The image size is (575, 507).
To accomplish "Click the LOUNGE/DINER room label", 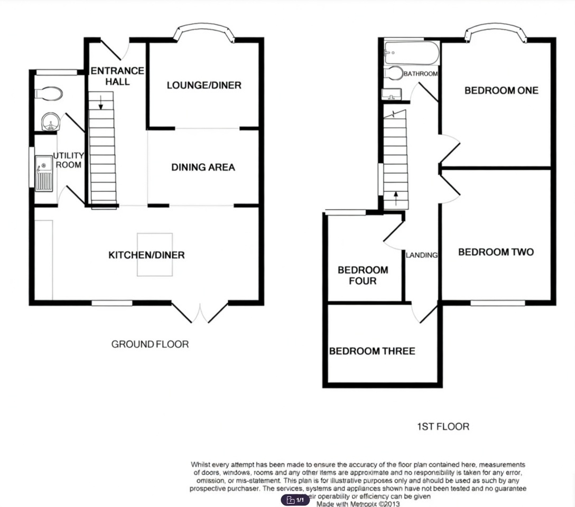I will (204, 85).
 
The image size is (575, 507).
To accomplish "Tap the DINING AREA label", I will (203, 167).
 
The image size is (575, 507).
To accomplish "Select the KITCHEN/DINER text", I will (146, 255).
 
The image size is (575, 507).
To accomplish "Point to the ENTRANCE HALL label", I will (110, 76).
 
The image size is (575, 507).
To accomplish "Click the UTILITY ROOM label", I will (68, 160).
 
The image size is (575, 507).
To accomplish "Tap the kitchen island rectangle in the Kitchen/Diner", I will (154, 255).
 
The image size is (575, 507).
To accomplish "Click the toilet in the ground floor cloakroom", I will (49, 94).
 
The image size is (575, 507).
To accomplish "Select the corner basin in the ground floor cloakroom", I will (50, 121).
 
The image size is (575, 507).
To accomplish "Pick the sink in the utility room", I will (44, 173).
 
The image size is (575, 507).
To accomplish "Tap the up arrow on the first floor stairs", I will (395, 199).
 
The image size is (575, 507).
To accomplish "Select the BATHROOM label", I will (421, 74).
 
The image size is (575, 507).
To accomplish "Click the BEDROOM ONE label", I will (501, 90).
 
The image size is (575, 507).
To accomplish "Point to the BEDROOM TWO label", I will (496, 252).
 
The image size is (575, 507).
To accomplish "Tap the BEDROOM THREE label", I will (372, 351).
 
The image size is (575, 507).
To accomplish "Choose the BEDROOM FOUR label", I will (363, 275).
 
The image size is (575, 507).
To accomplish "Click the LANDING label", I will (422, 255).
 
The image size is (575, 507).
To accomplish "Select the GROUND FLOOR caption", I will (150, 344).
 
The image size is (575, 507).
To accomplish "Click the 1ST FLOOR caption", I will (442, 426).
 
